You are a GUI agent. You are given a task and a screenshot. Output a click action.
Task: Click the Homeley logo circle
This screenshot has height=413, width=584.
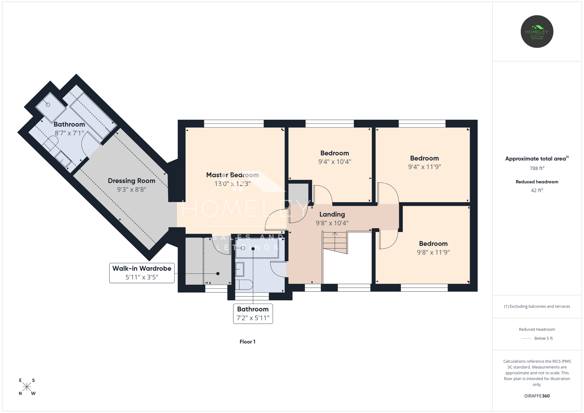[x=537, y=31]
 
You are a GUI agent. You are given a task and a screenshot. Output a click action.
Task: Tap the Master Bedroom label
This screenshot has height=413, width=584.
[x=232, y=175]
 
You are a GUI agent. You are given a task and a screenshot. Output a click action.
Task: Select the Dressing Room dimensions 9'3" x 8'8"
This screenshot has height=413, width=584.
[x=132, y=190]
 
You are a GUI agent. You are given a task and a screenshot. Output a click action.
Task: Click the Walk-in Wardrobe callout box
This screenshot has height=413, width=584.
[x=142, y=273]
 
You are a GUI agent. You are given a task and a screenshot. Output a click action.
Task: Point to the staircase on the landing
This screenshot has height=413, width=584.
[x=335, y=242]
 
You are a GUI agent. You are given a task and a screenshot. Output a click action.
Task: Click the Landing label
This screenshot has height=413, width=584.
[x=332, y=214]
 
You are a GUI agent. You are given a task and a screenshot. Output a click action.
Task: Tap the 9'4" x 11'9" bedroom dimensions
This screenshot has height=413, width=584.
[x=425, y=167]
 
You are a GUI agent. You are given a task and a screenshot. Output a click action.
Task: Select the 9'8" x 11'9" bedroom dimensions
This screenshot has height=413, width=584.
[x=433, y=252]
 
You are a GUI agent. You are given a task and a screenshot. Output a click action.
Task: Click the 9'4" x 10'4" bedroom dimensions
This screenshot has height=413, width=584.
[x=335, y=162]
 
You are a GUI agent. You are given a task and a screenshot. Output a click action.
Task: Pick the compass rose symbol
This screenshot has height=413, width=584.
[x=27, y=387]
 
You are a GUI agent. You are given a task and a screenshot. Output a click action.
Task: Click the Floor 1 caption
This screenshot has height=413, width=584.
[x=247, y=341]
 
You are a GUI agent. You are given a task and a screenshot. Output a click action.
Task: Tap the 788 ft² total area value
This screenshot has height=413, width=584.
[x=537, y=168]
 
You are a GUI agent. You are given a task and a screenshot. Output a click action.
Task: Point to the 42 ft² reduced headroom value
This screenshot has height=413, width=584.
[x=537, y=190]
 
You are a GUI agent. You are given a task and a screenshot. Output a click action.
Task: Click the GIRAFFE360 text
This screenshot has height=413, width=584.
[x=537, y=396]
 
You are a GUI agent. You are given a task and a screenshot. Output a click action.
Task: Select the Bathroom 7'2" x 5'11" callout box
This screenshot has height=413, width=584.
[x=253, y=314]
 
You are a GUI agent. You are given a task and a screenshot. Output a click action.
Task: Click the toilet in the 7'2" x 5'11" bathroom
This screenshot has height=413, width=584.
[x=244, y=285]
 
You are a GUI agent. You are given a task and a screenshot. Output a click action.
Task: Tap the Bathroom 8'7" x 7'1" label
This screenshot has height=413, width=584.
[x=69, y=124]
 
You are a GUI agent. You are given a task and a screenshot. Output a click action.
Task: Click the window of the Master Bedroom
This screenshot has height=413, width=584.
[x=234, y=124]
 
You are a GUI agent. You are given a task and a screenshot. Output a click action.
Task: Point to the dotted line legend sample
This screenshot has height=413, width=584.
[x=526, y=338]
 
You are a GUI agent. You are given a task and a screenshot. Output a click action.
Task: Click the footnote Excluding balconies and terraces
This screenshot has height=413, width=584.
[x=537, y=306]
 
